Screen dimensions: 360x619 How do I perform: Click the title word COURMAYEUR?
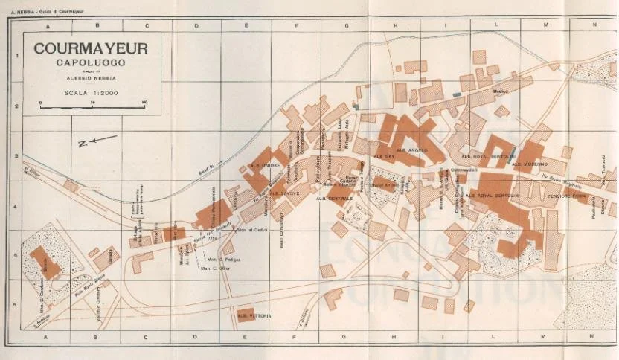[x=91, y=48]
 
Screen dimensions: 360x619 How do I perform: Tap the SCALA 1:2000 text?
[x=91, y=92]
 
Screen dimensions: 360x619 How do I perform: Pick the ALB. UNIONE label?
[x=264, y=165]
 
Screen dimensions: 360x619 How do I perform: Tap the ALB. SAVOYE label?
[x=283, y=193]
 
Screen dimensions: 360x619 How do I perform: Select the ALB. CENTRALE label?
[x=335, y=199]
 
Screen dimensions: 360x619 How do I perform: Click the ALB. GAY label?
[x=384, y=156]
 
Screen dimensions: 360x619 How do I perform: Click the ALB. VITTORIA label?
[x=254, y=316]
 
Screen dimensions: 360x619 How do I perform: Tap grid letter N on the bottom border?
[x=594, y=336]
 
